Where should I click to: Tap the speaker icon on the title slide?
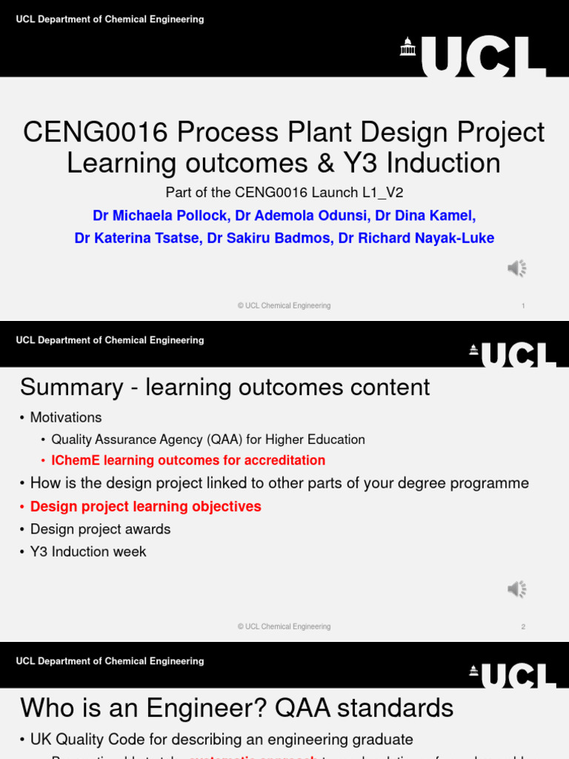click(516, 268)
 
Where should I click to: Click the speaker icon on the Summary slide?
click(516, 589)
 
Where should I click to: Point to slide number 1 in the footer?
click(523, 305)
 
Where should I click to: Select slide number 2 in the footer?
click(523, 626)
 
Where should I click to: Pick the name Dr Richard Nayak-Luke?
click(416, 238)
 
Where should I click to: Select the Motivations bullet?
click(66, 417)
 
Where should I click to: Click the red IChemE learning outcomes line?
click(188, 460)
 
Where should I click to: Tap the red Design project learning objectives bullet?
click(145, 506)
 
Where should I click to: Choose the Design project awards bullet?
click(100, 529)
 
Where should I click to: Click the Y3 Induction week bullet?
click(88, 551)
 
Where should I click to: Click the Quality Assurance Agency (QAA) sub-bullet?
click(208, 440)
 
